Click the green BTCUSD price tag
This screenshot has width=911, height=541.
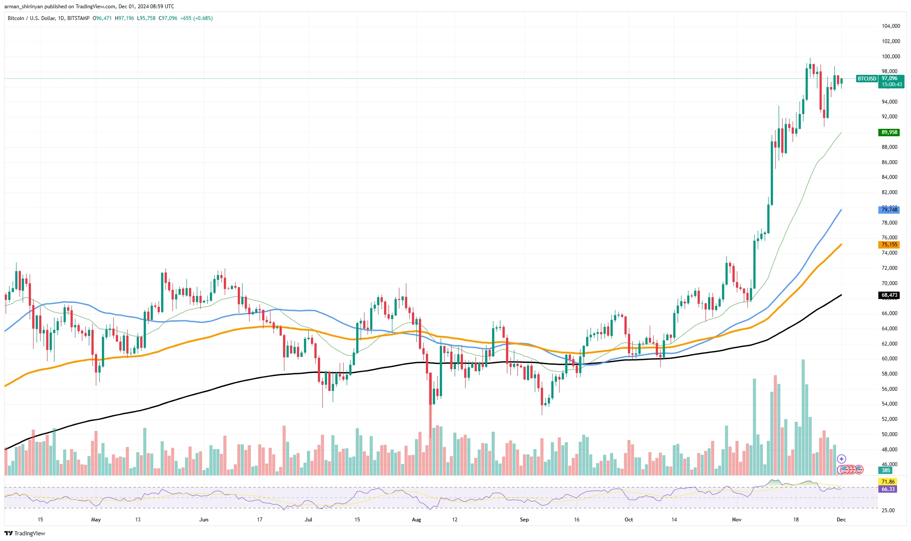point(867,79)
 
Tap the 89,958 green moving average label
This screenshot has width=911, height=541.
point(889,132)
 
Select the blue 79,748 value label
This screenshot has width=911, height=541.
point(889,210)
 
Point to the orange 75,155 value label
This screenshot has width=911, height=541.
point(889,245)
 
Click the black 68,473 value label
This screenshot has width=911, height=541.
point(889,295)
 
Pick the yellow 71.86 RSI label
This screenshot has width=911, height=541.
point(888,481)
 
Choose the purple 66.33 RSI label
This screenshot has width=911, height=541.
point(888,489)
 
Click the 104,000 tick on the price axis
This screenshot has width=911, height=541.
point(891,26)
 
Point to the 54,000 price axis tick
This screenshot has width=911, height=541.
point(889,404)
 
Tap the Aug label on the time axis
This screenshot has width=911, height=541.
point(416,520)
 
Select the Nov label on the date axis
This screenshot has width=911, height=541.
point(736,520)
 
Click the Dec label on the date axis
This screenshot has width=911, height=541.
point(841,520)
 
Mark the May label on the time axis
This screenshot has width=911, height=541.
point(96,520)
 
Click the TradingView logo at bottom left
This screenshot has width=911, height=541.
point(25,533)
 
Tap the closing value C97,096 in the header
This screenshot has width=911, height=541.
point(168,18)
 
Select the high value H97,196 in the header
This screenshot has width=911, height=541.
point(124,18)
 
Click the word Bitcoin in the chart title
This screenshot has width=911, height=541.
point(16,18)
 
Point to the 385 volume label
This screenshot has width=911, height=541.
point(886,470)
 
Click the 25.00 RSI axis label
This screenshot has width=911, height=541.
point(888,510)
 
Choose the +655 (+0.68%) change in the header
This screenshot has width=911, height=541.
point(196,18)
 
